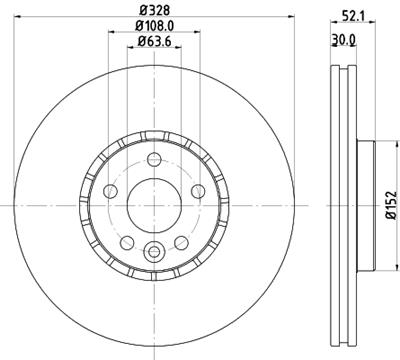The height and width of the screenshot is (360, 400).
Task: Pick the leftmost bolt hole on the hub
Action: [109, 192]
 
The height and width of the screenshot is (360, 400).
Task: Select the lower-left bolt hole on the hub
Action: [126, 242]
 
